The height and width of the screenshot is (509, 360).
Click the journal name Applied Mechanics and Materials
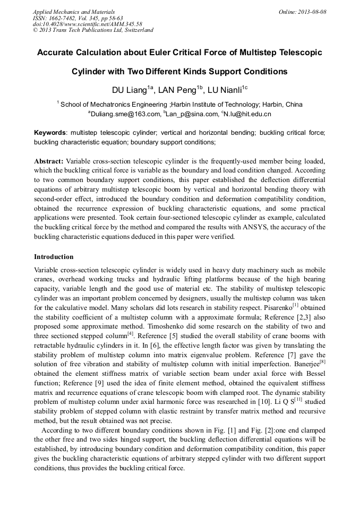[x=74, y=12]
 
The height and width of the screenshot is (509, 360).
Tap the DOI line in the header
[x=88, y=24]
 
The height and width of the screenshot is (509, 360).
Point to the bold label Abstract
[x=49, y=160]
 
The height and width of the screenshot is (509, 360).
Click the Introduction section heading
[x=54, y=257]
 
